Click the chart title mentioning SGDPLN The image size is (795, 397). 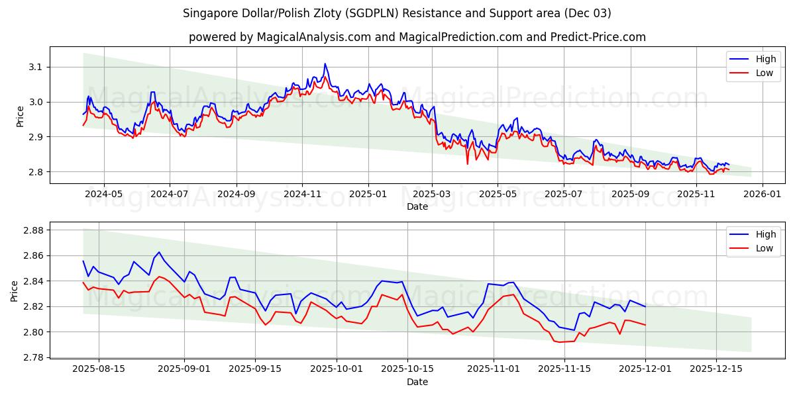(397, 13)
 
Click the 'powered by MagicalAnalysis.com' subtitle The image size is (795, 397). (417, 37)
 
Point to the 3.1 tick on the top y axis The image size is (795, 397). (34, 67)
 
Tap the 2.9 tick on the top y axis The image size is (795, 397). (34, 137)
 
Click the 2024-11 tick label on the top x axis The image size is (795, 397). (302, 194)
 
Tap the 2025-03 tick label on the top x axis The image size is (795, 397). (432, 194)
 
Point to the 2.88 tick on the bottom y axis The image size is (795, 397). (31, 230)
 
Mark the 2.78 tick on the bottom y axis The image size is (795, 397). (31, 357)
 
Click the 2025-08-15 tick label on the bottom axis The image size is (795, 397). (99, 369)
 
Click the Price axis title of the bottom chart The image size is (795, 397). (14, 290)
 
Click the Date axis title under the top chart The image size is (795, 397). (417, 206)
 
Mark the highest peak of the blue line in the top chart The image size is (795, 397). (325, 64)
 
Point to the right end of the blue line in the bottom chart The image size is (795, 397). (645, 306)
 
